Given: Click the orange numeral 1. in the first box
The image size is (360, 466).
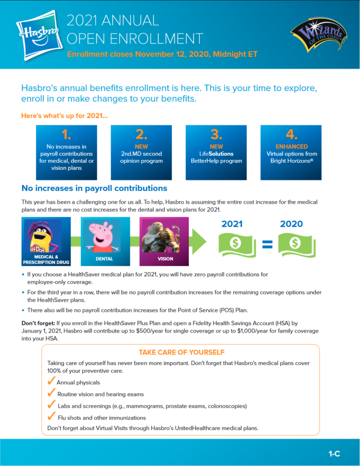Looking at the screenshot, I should [66, 134].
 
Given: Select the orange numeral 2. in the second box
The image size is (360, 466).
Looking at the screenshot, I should [141, 134].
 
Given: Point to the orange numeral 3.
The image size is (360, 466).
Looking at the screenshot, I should [216, 134].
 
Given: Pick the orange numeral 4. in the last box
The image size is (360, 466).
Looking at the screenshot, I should [291, 134].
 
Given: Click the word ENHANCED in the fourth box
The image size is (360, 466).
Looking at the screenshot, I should [291, 147].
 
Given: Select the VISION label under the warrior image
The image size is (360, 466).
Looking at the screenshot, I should [165, 259].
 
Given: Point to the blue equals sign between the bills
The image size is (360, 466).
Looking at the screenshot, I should [267, 245].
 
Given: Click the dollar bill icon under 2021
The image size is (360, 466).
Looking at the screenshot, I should [235, 244].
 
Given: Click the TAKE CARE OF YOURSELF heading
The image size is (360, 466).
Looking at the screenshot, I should [181, 352].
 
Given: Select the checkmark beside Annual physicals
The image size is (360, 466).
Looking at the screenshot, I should [51, 381].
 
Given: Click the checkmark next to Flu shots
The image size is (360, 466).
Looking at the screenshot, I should [51, 416].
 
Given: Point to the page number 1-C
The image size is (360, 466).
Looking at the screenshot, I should [334, 454].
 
